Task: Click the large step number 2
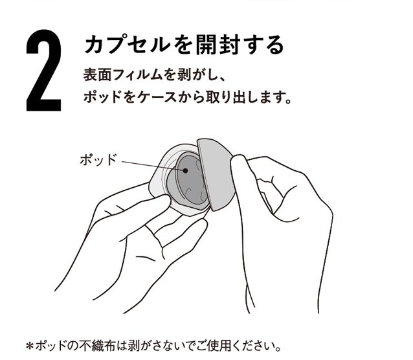pyautogui.click(x=44, y=71)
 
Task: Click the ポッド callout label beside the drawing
pyautogui.click(x=98, y=159)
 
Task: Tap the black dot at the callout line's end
pyautogui.click(x=185, y=170)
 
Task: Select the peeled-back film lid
pyautogui.click(x=216, y=174)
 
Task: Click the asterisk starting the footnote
pyautogui.click(x=30, y=346)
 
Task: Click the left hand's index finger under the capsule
pyautogui.click(x=182, y=232)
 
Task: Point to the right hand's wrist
pyautogui.click(x=284, y=295)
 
